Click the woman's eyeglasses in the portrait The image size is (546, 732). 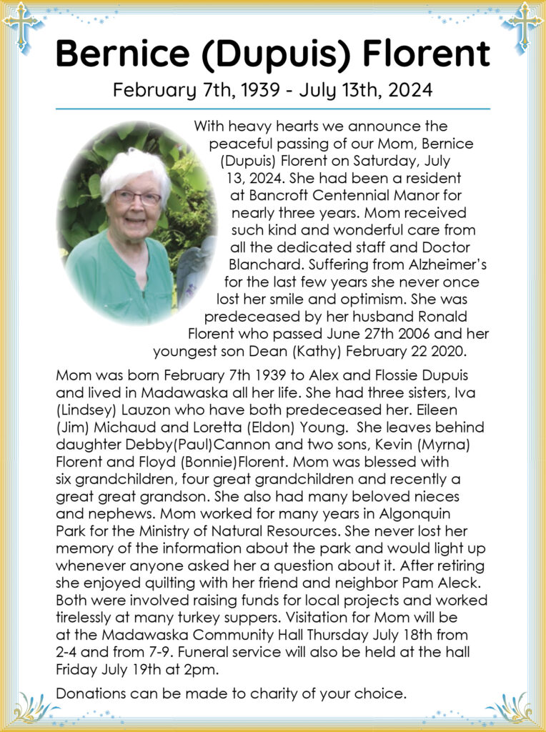[x=137, y=197]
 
